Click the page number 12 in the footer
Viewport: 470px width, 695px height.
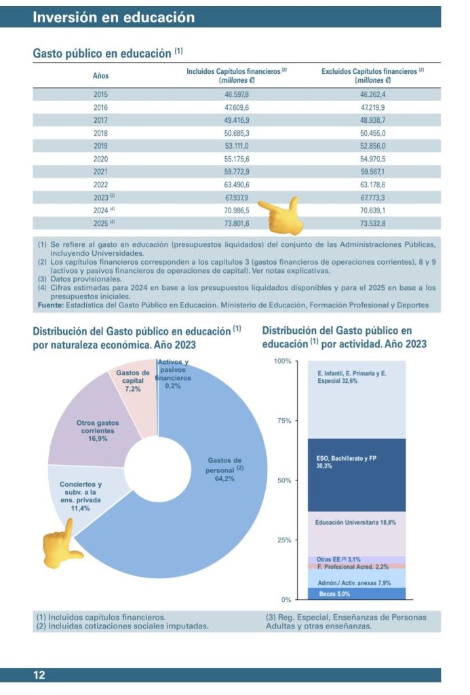39,675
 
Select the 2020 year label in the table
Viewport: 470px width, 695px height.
100,158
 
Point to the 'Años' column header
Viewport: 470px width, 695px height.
100,75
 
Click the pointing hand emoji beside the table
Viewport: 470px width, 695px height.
278,213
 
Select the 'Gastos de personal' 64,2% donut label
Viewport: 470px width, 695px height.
224,469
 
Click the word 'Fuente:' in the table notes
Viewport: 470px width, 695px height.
50,305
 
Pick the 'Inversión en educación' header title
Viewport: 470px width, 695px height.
113,18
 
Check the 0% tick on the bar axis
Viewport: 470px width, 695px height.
286,600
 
